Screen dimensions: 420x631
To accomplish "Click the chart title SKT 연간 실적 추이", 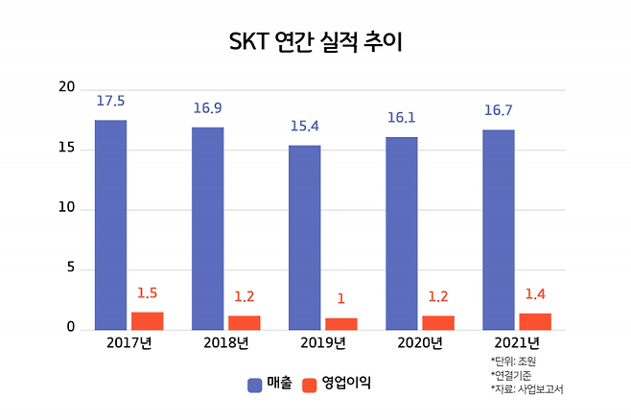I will (x=315, y=43).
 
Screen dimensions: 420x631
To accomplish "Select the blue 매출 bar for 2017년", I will (x=110, y=224).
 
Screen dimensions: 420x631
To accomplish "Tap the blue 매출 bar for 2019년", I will (x=305, y=237).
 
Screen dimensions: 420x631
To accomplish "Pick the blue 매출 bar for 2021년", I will (x=499, y=229).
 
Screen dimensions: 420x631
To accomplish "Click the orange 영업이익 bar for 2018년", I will (x=244, y=322).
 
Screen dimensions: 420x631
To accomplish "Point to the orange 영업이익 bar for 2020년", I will (x=438, y=322).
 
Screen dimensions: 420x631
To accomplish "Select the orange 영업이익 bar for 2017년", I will (x=147, y=320).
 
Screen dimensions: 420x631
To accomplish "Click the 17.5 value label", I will (x=110, y=101).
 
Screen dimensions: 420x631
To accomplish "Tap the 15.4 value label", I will (x=306, y=127).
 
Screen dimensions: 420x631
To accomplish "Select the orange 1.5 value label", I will (x=147, y=293).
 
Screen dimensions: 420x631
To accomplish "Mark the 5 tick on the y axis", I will (x=70, y=268).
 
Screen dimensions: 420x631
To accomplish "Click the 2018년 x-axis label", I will (x=226, y=342).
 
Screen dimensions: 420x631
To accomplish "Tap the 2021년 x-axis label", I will (x=517, y=342).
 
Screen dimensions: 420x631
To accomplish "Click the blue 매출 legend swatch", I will (x=255, y=385).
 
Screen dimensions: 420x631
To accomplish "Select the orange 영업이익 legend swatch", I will (x=309, y=385).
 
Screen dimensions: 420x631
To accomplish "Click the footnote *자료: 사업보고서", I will (x=526, y=388).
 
